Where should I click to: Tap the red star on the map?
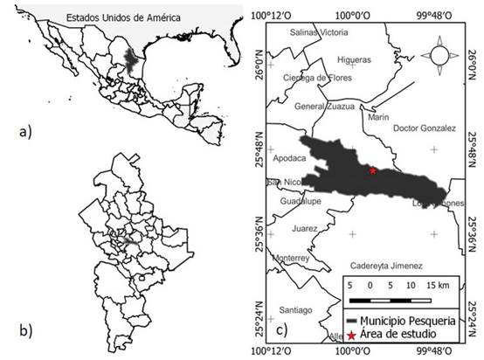click(373, 170)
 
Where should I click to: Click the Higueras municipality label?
click(354, 59)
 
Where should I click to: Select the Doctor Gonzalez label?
click(424, 128)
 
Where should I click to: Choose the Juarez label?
click(305, 228)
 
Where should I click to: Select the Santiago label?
click(294, 310)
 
